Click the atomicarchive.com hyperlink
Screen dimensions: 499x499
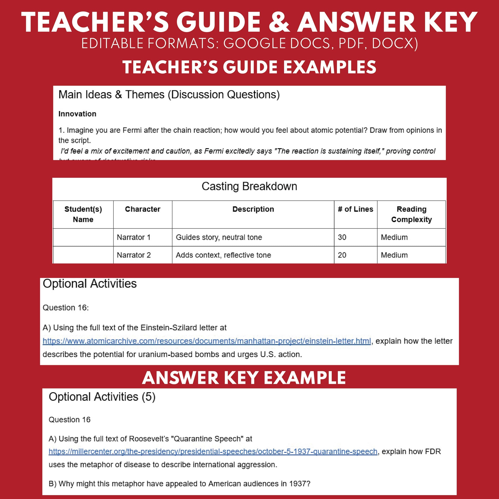click(207, 341)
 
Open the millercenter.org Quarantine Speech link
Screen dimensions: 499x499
click(213, 452)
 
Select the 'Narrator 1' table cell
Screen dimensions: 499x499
click(134, 237)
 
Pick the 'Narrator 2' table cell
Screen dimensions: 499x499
click(134, 255)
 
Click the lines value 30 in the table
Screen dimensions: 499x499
click(342, 237)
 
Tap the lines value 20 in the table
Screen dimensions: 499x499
click(342, 255)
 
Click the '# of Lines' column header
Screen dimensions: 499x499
click(355, 209)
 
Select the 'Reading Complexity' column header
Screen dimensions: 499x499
click(411, 214)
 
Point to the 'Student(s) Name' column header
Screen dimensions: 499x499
click(83, 214)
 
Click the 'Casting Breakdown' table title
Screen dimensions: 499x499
click(249, 186)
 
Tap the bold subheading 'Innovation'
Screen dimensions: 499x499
click(77, 114)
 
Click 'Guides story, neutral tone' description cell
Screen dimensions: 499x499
click(219, 237)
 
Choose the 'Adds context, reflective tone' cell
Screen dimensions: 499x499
click(223, 255)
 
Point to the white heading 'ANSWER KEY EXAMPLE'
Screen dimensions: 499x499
click(244, 378)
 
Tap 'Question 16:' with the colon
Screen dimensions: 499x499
click(66, 308)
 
